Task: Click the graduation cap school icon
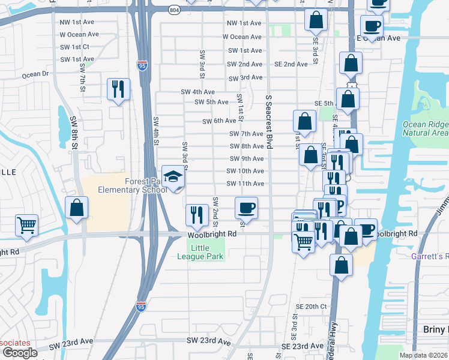[173, 176]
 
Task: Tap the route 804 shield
[173, 10]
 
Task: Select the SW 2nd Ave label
[244, 64]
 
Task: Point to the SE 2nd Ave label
[291, 64]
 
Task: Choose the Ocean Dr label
[35, 75]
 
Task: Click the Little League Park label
[207, 252]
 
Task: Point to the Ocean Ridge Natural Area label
[426, 128]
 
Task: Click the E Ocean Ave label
[378, 38]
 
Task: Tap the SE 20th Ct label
[312, 306]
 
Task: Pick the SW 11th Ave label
[245, 184]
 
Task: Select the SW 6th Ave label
[219, 121]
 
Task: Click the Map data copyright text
[423, 355]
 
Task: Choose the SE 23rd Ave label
[303, 346]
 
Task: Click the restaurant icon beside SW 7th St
[117, 89]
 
